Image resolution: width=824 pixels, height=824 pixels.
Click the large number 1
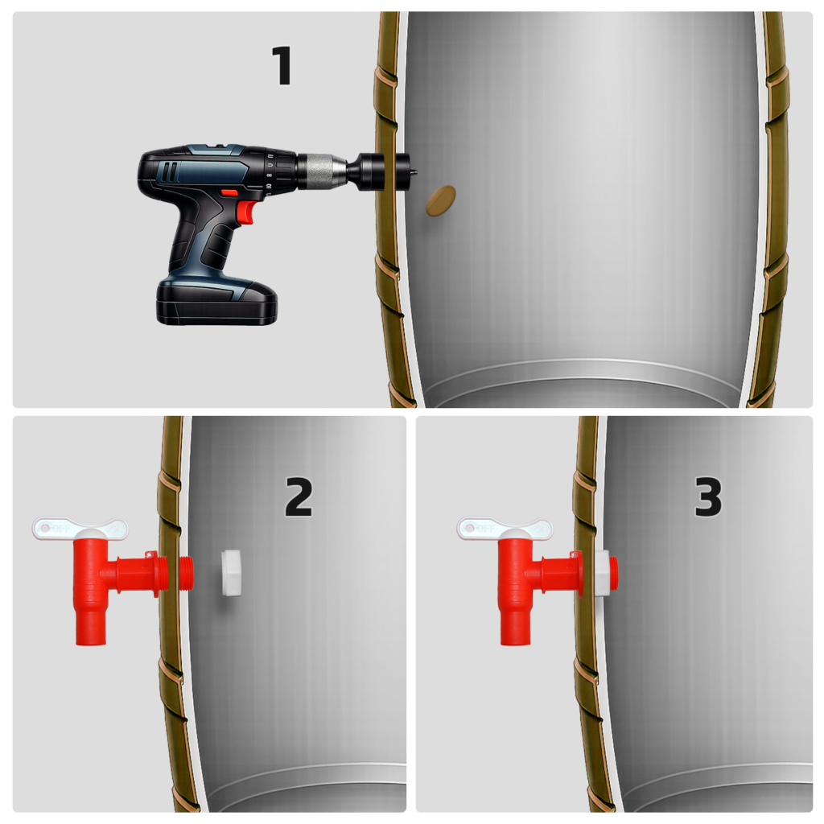pos(283,65)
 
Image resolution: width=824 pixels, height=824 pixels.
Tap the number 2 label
pos(299,496)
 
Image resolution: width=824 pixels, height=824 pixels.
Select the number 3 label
pos(708,496)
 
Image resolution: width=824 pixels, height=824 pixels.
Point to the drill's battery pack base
pos(216,303)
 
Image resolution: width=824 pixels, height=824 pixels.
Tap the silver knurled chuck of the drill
pos(321,171)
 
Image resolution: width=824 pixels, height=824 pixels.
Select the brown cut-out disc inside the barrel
pos(440,200)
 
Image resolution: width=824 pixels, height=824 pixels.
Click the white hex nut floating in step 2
pos(231,573)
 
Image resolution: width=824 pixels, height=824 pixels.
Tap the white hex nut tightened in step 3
pos(603,573)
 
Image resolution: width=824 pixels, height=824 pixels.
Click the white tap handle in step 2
pos(80,528)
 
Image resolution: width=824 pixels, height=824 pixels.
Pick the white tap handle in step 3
pos(505,528)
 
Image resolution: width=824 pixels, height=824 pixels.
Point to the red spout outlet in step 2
pos(91,626)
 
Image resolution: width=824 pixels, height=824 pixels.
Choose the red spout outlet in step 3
pos(516,626)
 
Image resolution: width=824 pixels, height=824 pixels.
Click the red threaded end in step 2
pos(187,573)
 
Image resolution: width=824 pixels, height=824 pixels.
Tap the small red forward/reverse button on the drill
pos(229,192)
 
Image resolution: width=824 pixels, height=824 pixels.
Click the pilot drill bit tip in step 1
pos(414,171)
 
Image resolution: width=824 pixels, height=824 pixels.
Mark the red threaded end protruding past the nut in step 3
pos(613,573)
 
